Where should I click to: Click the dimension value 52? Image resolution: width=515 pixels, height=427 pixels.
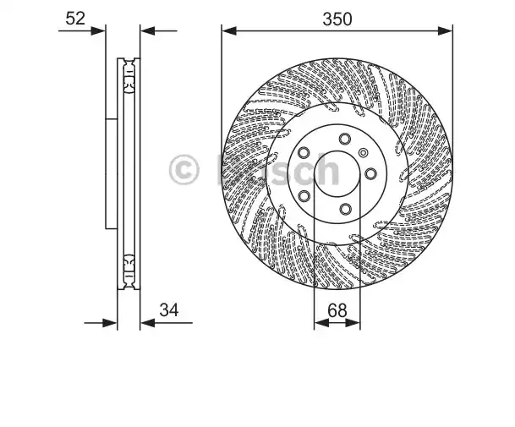click(75, 19)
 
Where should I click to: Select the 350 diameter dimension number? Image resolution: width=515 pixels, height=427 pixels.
click(337, 19)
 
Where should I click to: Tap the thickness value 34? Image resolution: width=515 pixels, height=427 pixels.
click(169, 309)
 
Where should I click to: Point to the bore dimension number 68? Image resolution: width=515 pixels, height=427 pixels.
click(337, 310)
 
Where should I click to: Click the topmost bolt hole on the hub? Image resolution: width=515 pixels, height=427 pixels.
click(344, 139)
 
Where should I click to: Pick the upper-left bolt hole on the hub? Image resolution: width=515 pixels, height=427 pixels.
click(304, 153)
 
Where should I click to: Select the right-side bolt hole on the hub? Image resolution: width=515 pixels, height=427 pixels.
click(370, 173)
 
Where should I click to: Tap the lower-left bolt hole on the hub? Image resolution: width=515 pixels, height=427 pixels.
click(304, 196)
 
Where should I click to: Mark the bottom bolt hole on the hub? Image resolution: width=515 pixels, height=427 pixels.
click(345, 209)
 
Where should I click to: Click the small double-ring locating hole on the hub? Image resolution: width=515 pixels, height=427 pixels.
click(364, 153)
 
